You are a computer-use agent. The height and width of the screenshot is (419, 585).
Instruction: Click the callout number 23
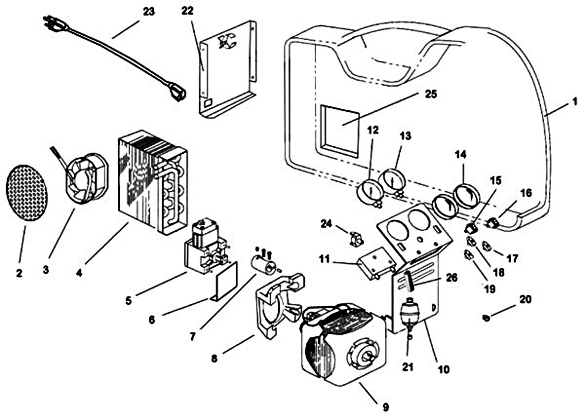pyautogui.click(x=149, y=12)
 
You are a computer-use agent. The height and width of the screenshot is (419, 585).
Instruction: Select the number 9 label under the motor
pyautogui.click(x=386, y=407)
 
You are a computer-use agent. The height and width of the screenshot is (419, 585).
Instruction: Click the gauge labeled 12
pyautogui.click(x=370, y=193)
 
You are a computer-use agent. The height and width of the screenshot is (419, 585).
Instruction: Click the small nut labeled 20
pyautogui.click(x=486, y=318)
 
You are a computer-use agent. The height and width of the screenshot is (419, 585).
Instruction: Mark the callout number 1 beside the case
pyautogui.click(x=575, y=101)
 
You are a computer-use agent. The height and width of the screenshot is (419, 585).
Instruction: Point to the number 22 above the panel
pyautogui.click(x=187, y=11)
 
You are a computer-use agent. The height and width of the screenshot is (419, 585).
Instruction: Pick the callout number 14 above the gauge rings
pyautogui.click(x=460, y=155)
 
